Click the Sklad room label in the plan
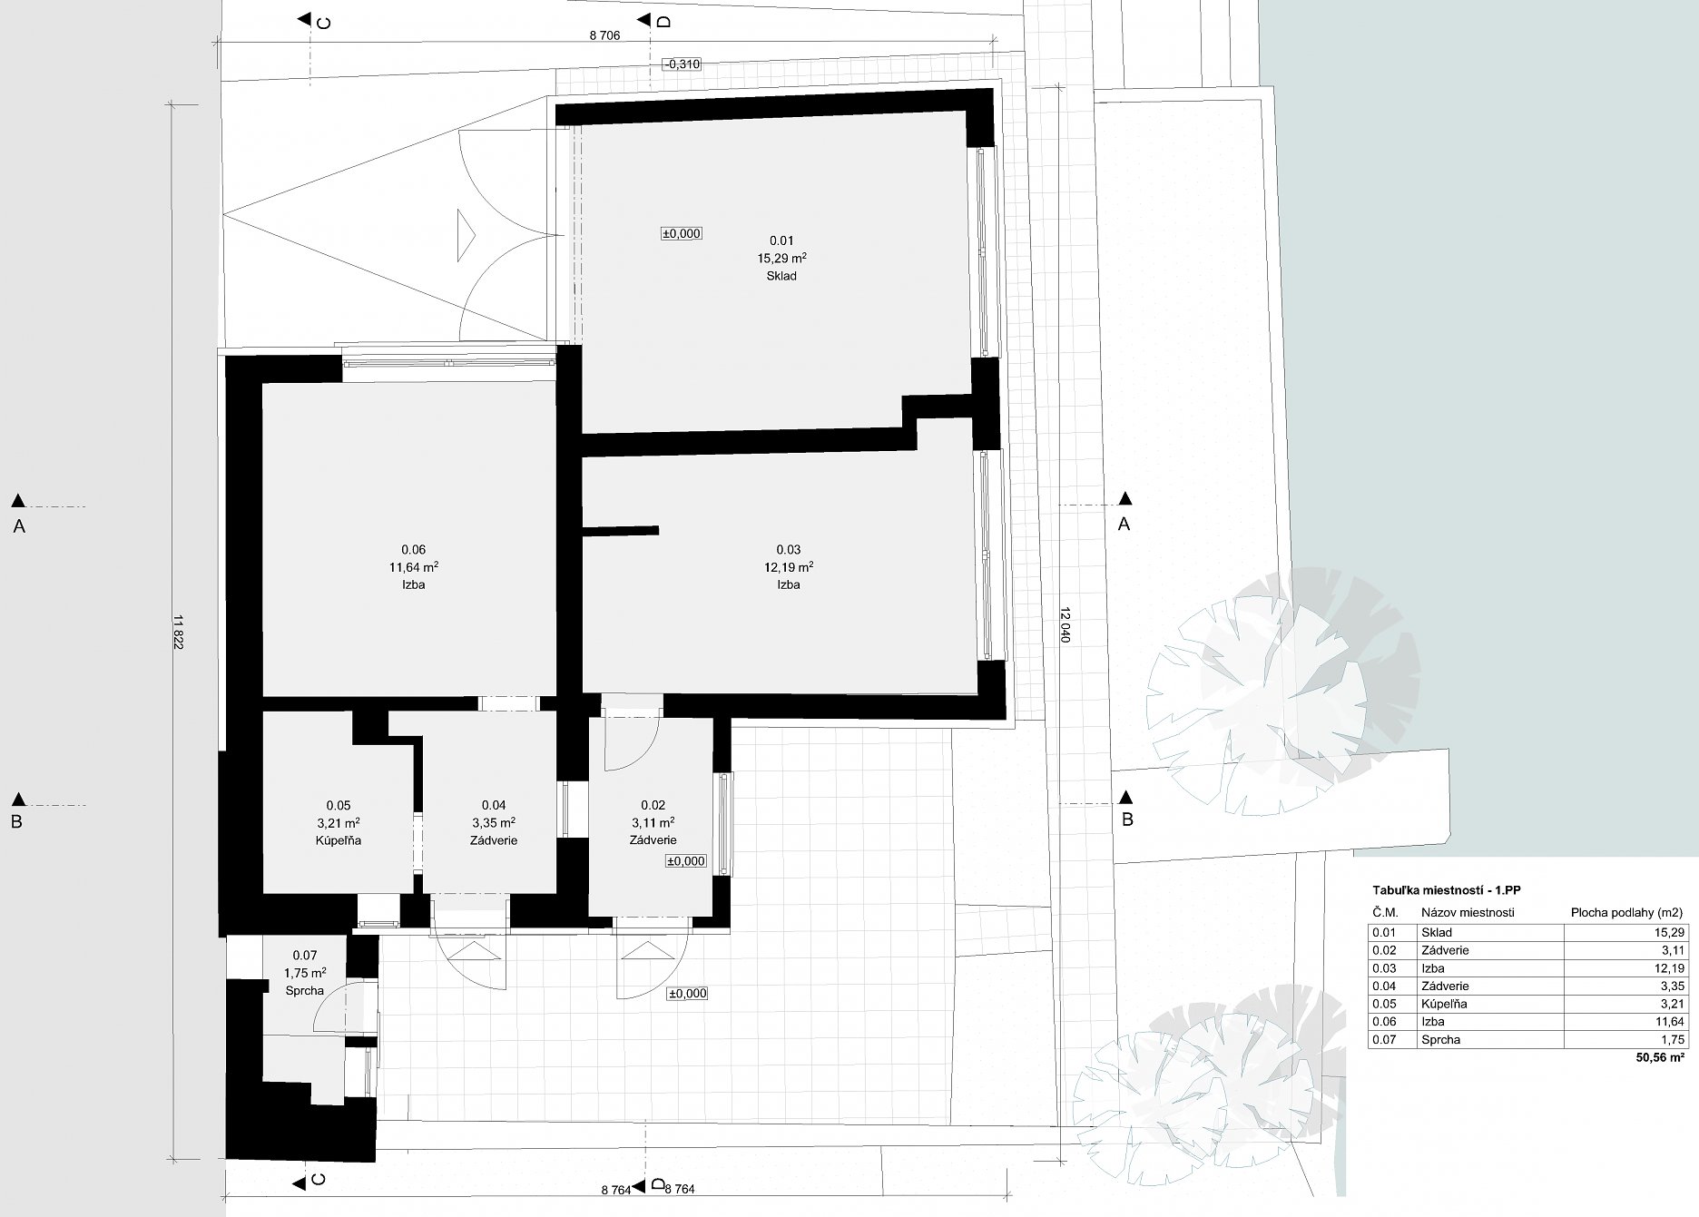(x=781, y=276)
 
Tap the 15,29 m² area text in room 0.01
(x=781, y=258)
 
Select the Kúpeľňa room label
(x=338, y=840)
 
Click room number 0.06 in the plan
(x=413, y=549)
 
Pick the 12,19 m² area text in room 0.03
(x=788, y=567)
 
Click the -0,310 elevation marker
(x=682, y=64)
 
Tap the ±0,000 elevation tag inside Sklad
(x=682, y=233)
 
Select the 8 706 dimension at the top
(x=604, y=36)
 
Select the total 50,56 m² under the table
(x=1661, y=1057)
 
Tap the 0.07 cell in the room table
(x=1384, y=1040)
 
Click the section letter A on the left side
(x=18, y=525)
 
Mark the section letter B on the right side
(x=1127, y=820)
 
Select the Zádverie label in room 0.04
(x=494, y=840)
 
